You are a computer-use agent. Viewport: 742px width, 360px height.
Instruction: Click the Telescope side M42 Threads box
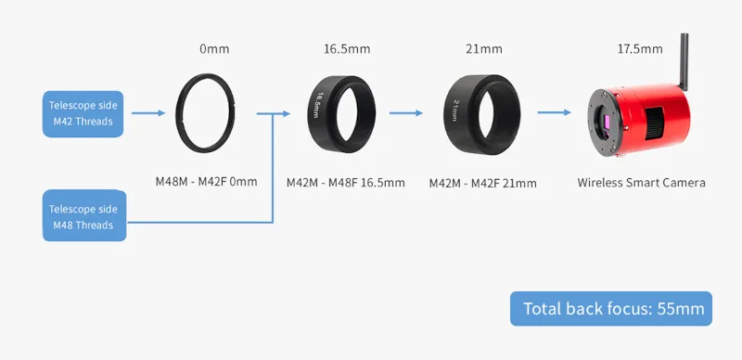(x=83, y=113)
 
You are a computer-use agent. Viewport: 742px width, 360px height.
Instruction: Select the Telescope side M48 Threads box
(x=83, y=216)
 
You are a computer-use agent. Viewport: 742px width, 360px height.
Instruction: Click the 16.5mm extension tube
(x=342, y=112)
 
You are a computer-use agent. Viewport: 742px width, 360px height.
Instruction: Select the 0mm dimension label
(x=213, y=48)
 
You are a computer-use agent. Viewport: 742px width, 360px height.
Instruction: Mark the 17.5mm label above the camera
(x=641, y=48)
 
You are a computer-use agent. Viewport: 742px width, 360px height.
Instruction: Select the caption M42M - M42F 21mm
(x=482, y=183)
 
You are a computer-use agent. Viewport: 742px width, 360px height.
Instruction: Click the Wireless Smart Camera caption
(x=641, y=183)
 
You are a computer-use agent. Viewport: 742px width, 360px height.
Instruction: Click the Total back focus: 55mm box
(x=611, y=309)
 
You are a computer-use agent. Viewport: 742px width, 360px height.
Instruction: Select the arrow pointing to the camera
(x=555, y=113)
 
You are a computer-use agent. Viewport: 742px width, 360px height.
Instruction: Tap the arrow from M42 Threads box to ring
(x=148, y=113)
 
